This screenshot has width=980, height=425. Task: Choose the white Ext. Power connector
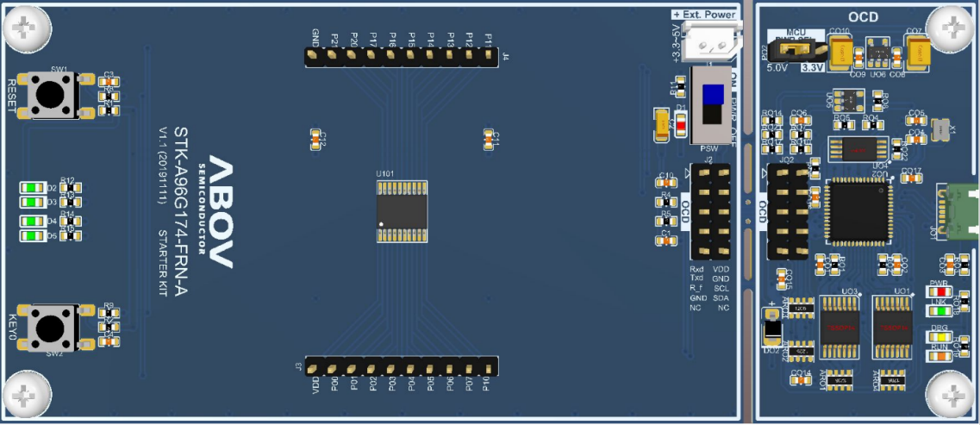[708, 40]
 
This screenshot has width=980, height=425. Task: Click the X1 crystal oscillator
[939, 129]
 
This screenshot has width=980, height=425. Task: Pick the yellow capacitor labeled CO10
[840, 53]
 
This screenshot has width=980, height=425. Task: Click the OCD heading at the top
[865, 17]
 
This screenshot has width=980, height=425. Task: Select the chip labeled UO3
[842, 327]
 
